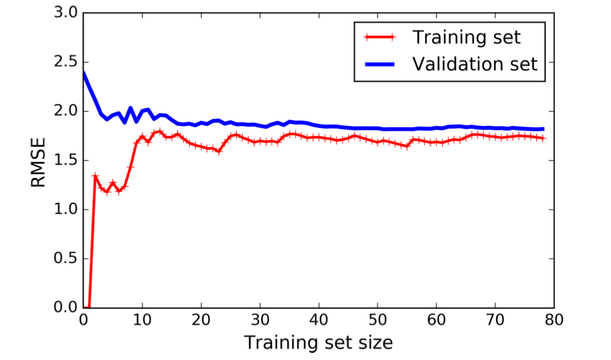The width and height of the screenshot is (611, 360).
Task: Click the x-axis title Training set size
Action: (319, 343)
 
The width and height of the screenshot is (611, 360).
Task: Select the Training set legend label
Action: (467, 37)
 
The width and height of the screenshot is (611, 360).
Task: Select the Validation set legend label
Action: (475, 63)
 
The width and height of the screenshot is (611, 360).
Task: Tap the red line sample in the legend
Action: (381, 37)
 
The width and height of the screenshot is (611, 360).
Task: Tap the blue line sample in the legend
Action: (381, 64)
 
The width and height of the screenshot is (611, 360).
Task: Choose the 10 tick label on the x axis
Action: (142, 321)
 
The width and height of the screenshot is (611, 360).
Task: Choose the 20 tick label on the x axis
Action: (201, 321)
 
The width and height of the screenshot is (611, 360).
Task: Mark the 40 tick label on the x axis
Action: (319, 321)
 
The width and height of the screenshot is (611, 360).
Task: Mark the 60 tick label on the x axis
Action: (437, 321)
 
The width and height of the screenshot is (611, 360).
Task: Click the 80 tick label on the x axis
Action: (555, 321)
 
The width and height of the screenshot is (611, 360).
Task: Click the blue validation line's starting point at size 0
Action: (84, 72)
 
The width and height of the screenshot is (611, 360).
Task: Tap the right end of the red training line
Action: (543, 138)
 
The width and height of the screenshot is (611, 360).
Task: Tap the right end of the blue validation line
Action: (543, 129)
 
